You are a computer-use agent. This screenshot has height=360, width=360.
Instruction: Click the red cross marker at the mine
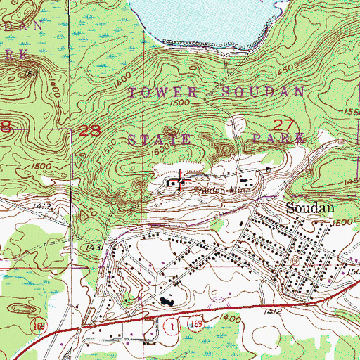[x=183, y=180]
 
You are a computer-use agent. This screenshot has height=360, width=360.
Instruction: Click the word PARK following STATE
[x=276, y=139]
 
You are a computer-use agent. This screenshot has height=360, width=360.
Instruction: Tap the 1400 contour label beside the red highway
[x=226, y=319]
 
